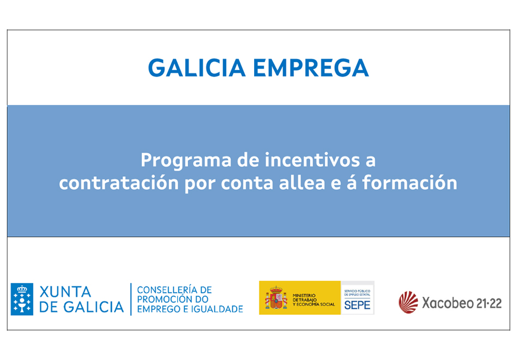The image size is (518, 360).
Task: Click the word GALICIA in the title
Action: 196,68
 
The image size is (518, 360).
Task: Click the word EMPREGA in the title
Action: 311,68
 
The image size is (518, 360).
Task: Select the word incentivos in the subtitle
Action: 312,160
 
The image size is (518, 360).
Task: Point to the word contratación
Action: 119,183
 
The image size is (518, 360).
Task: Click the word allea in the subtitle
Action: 302,183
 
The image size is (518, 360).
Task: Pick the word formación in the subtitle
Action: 409,183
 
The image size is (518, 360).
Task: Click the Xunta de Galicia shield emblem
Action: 22,299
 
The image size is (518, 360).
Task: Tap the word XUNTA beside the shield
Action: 65,292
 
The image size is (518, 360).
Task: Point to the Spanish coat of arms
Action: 276,297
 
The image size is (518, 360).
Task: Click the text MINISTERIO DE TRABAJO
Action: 304,297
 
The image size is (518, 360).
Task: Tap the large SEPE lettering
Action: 357,305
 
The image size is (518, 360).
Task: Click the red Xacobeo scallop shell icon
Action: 408,302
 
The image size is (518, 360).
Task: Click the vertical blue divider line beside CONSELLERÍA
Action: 131,299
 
